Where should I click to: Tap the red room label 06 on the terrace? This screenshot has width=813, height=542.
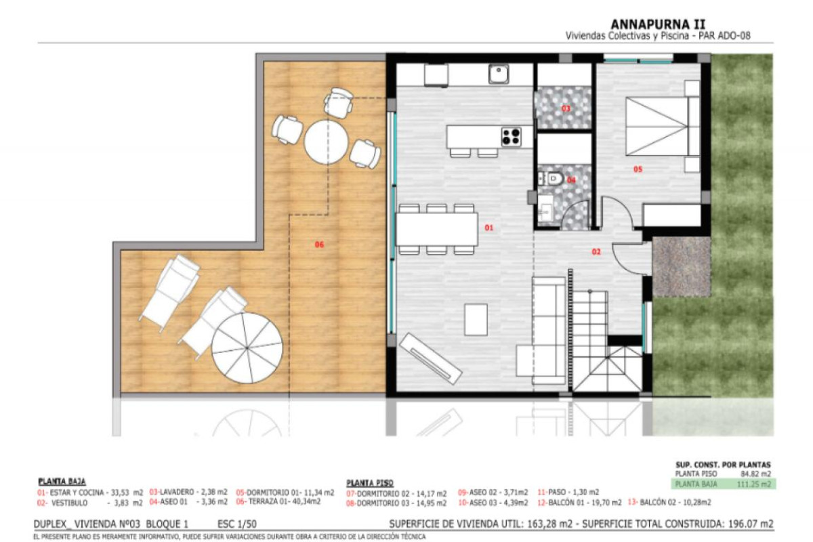click(x=319, y=244)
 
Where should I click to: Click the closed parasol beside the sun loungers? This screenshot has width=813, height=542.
click(x=247, y=346)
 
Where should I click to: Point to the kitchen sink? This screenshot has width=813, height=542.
click(x=499, y=73)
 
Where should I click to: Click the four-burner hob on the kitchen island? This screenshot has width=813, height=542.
click(x=511, y=137)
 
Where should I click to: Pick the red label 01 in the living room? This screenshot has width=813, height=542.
click(x=488, y=228)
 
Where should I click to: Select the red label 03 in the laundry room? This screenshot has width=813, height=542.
click(x=566, y=108)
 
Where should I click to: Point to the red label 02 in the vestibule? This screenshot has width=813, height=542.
click(x=596, y=252)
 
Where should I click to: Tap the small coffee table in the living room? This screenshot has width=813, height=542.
click(x=476, y=319)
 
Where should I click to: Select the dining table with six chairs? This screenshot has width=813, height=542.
click(x=436, y=229)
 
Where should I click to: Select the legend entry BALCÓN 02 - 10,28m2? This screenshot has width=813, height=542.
click(x=670, y=502)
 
